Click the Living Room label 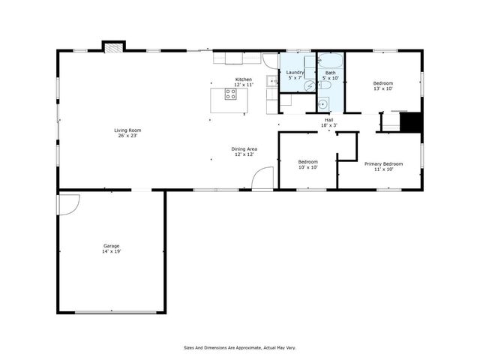click(127, 130)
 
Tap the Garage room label click(112, 246)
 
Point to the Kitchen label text click(244, 79)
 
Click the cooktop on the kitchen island click(229, 95)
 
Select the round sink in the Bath click(323, 104)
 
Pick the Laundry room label click(295, 73)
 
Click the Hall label click(328, 120)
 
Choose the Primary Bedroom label click(383, 163)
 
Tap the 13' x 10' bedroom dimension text click(383, 88)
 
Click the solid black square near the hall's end click(411, 121)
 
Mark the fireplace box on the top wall click(113, 46)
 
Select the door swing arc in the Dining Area click(260, 178)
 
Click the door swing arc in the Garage click(69, 203)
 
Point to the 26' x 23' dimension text click(127, 136)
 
